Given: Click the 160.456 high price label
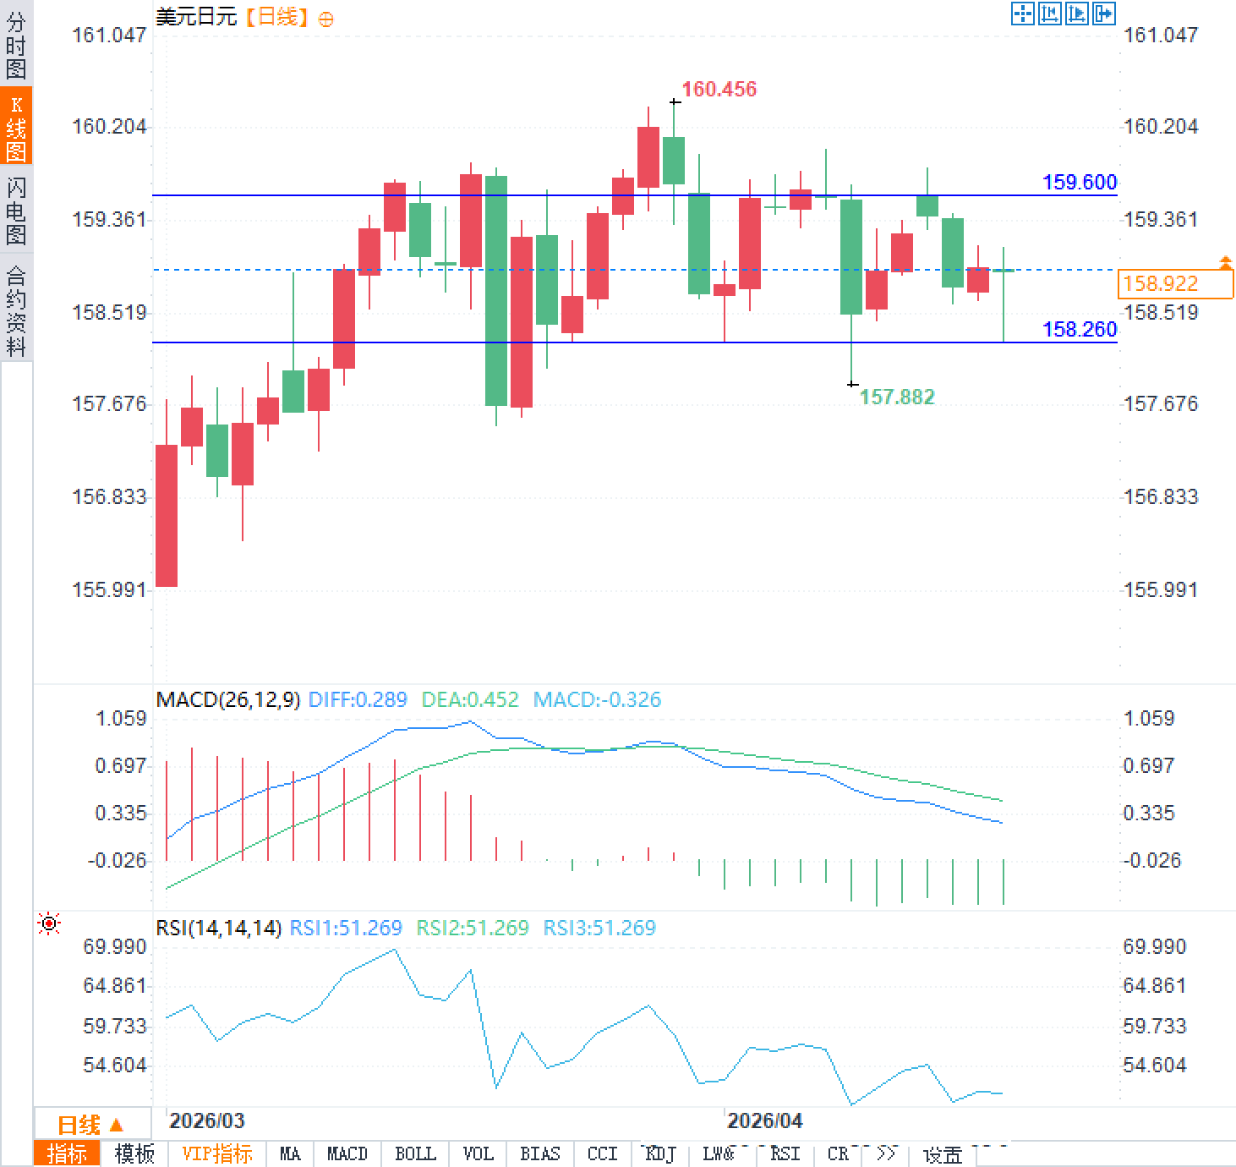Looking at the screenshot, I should click(x=719, y=89).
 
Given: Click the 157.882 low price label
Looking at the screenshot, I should click(x=896, y=397).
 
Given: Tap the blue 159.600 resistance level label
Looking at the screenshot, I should click(x=1079, y=182).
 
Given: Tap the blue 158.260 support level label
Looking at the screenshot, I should click(x=1079, y=329).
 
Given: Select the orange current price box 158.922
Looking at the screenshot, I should click(x=1174, y=283).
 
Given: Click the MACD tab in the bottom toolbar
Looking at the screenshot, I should click(x=347, y=1153).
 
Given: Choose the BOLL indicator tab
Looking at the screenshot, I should click(x=415, y=1153).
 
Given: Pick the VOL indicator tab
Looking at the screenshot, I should click(x=478, y=1153).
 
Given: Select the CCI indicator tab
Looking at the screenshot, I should click(x=602, y=1153).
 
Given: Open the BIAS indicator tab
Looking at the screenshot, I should click(x=539, y=1153).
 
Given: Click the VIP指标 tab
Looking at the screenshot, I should click(x=217, y=1153).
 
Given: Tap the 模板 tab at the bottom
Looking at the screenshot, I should click(x=134, y=1153).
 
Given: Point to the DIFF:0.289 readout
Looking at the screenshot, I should click(x=358, y=699).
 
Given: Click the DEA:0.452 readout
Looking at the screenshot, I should click(x=470, y=699).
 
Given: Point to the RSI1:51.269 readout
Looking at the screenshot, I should click(x=346, y=928).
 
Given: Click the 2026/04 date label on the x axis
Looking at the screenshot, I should click(x=764, y=1120).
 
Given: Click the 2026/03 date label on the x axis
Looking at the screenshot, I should click(x=206, y=1120).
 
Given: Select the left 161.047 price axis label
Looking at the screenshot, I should click(x=109, y=35).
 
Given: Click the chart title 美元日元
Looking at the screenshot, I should click(x=196, y=16).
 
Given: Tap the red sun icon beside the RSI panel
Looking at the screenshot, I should click(x=49, y=923).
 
